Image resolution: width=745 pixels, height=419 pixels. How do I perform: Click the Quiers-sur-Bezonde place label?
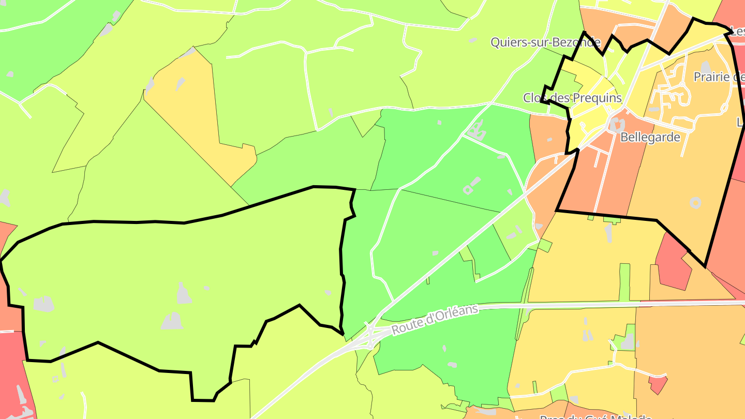coord(545,42)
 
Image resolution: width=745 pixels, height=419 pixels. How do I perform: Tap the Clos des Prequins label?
coord(572,98)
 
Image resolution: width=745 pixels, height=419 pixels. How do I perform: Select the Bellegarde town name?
coord(650,138)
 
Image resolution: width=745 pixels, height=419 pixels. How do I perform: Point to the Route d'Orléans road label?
coord(435,320)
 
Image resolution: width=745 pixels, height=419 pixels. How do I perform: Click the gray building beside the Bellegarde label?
coord(616,125)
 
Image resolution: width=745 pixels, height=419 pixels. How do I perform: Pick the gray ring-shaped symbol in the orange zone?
coord(695,202)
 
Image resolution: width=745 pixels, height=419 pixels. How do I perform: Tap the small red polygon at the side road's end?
coord(658,384)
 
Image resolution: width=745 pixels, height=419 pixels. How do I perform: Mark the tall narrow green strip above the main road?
coord(625,282)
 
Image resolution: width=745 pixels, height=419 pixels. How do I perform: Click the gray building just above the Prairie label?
coord(706,67)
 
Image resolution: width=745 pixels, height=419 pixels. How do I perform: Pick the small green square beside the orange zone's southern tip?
coord(544,245)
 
